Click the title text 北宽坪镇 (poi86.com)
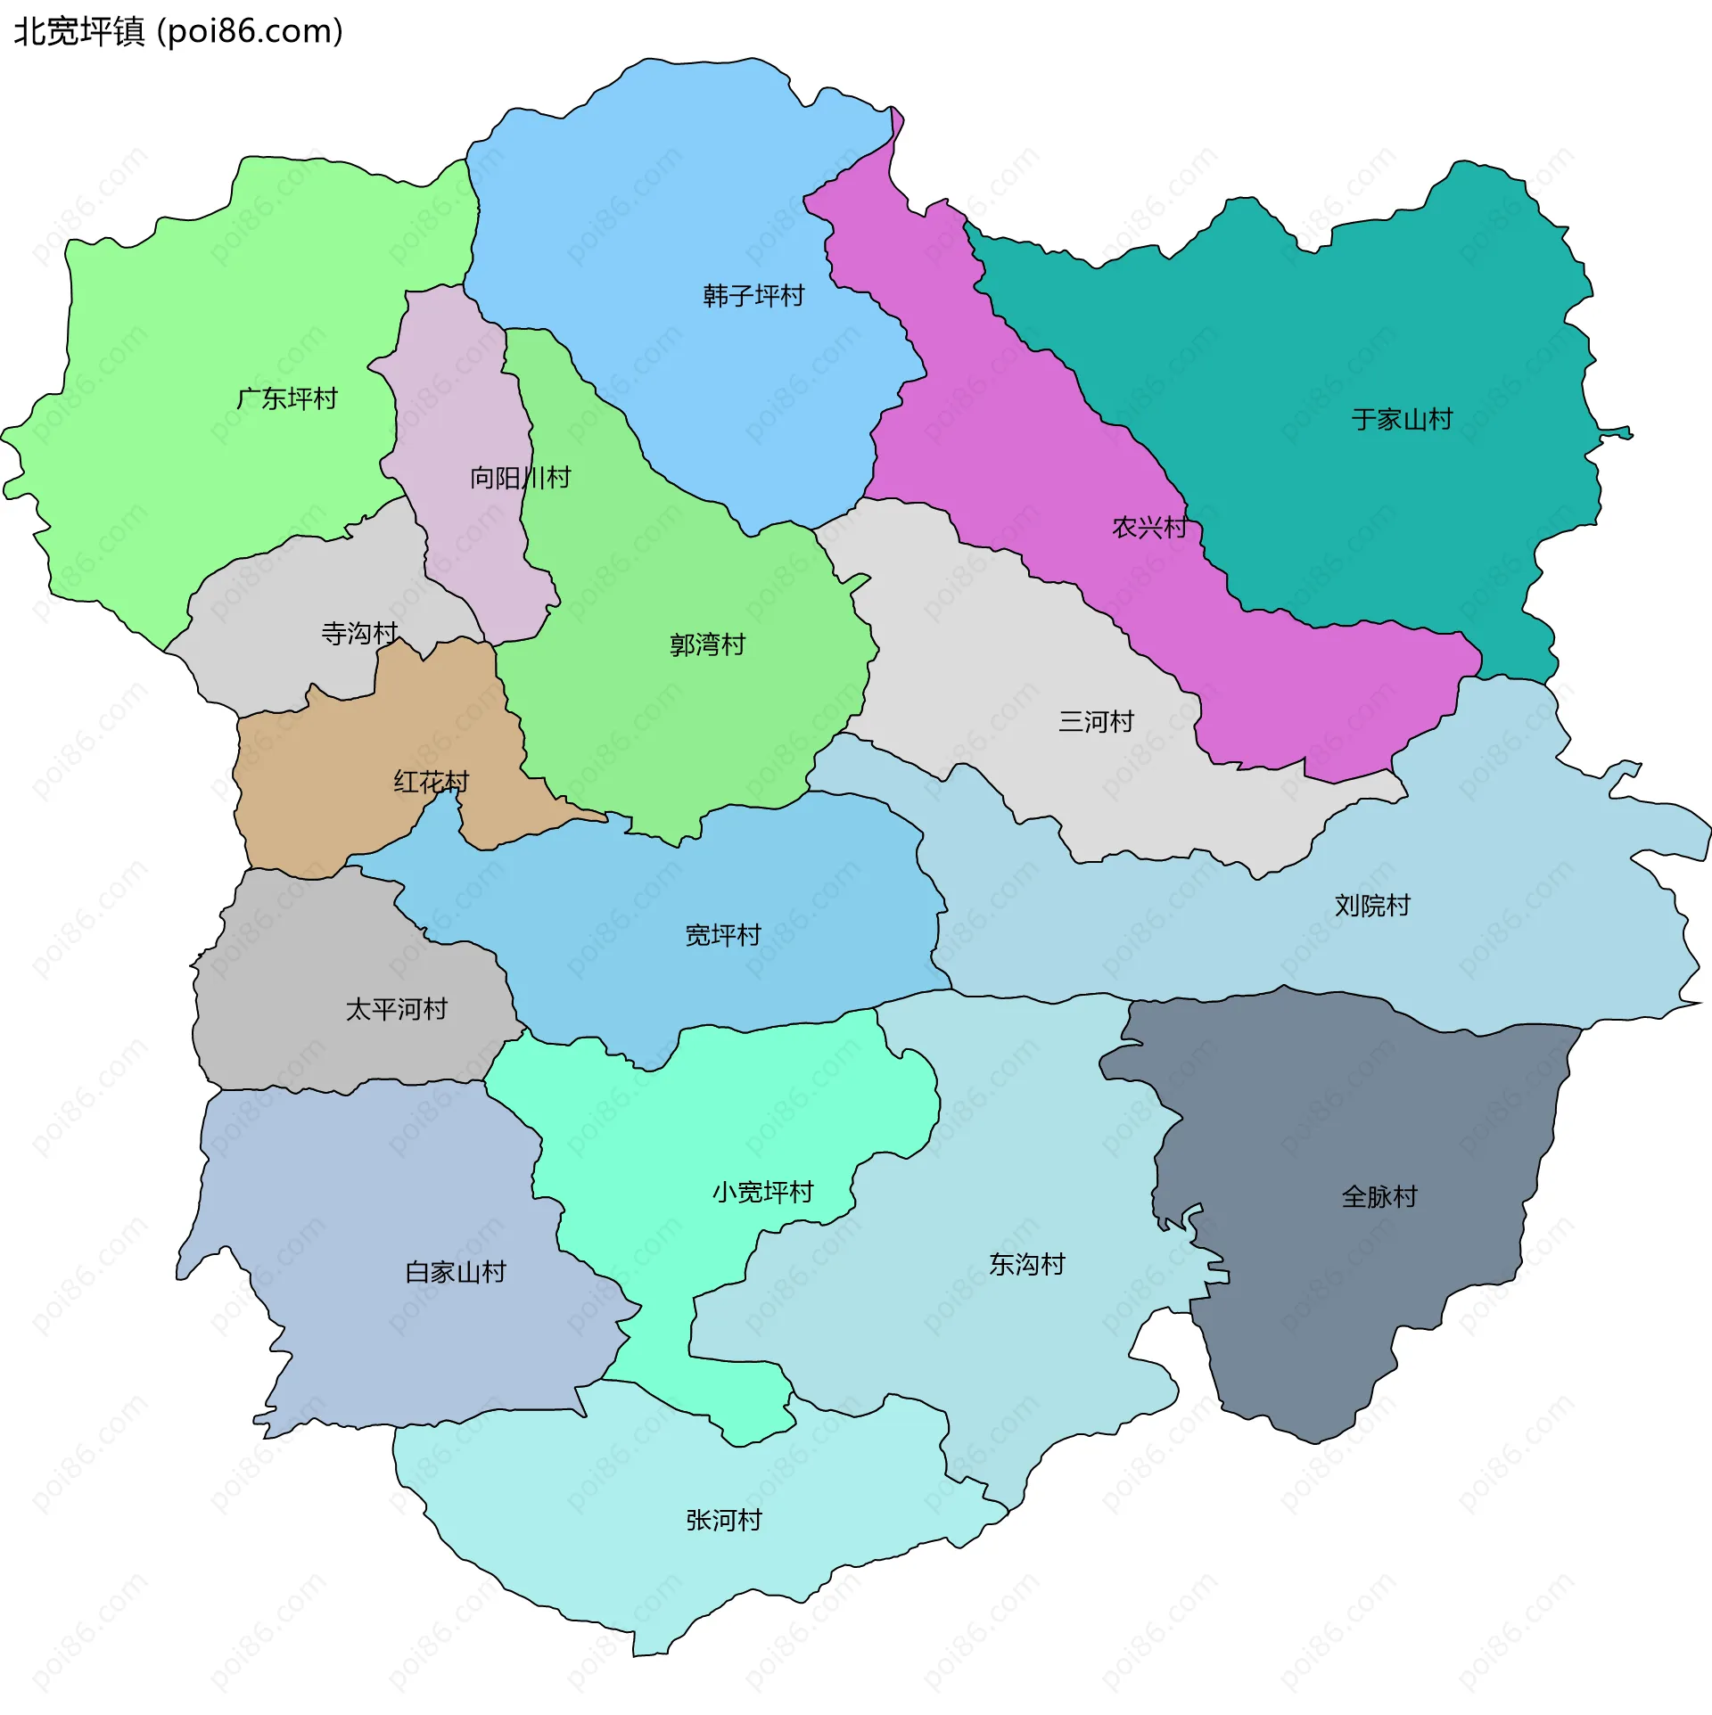[x=178, y=32]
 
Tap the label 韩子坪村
[x=753, y=295]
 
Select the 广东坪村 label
[x=287, y=398]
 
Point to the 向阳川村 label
[x=521, y=478]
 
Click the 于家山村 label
[x=1402, y=419]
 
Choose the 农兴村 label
[x=1149, y=528]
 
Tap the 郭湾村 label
[x=707, y=644]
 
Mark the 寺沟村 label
[x=359, y=634]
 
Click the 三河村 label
[x=1096, y=721]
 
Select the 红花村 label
[x=432, y=782]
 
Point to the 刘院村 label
[x=1372, y=906]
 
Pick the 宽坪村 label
[x=722, y=935]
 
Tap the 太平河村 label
[x=396, y=1009]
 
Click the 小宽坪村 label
[x=762, y=1192]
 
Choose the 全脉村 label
[x=1379, y=1196]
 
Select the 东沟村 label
[x=1026, y=1264]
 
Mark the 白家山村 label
[x=456, y=1272]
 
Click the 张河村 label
[x=724, y=1520]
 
